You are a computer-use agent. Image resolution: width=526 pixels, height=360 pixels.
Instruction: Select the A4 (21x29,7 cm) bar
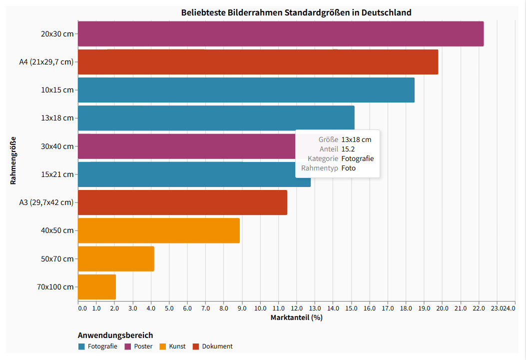click(258, 62)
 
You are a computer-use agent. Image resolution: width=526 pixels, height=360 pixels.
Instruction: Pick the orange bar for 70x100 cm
click(97, 287)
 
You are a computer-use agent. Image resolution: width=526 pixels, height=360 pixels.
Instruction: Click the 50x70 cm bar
click(116, 259)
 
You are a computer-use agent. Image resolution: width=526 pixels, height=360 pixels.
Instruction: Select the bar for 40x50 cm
click(159, 230)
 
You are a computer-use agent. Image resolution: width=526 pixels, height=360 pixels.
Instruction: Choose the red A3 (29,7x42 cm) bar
click(182, 202)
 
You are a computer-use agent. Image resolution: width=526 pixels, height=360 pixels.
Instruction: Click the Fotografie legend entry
click(98, 346)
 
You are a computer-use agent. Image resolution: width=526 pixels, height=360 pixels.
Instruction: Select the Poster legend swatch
click(128, 346)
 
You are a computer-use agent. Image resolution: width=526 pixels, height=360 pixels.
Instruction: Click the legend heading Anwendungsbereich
click(115, 335)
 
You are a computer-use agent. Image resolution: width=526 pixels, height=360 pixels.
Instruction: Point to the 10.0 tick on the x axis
click(260, 308)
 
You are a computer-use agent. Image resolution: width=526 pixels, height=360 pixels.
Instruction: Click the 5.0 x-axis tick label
click(169, 308)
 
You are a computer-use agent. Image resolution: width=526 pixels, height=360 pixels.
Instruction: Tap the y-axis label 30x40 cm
click(57, 146)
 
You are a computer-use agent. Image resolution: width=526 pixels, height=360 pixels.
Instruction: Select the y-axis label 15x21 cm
click(57, 174)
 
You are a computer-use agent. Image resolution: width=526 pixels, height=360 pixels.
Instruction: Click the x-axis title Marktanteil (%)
click(296, 317)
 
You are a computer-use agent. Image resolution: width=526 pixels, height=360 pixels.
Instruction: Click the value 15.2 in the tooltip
click(348, 149)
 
